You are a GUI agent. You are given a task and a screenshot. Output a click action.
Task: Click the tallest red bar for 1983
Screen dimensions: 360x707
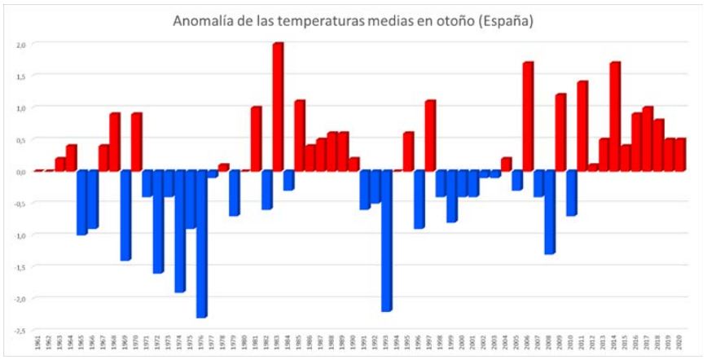pos(278,107)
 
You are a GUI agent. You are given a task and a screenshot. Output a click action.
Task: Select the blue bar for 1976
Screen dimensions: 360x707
pos(201,244)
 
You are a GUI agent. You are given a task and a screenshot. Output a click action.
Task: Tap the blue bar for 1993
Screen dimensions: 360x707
pos(386,240)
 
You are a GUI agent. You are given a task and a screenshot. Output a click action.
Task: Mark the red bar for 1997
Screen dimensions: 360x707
pos(430,135)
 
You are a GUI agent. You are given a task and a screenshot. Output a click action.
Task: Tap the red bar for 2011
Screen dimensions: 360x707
pos(582,125)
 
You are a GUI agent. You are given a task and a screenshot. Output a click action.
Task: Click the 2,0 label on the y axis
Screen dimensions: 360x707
pos(21,44)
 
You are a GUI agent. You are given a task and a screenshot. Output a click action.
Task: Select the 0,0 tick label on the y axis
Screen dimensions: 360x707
pos(21,172)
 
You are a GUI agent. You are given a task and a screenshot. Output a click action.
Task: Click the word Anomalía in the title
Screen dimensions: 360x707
pos(202,21)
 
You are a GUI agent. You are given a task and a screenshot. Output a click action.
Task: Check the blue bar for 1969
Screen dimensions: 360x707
pos(125,215)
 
